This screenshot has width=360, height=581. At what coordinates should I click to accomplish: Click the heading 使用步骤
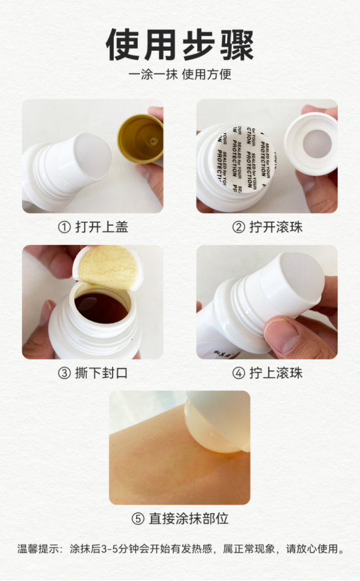[x=180, y=45]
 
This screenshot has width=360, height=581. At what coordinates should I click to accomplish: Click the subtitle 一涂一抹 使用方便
[x=180, y=74]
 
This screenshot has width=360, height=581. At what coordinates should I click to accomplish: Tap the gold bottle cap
[x=141, y=139]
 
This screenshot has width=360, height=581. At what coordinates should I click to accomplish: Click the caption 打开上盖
[x=102, y=227]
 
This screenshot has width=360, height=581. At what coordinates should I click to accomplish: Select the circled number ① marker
[x=64, y=227]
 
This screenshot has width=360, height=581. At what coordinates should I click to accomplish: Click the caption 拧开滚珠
[x=276, y=227]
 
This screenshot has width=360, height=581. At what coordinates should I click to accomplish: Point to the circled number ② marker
[x=238, y=227]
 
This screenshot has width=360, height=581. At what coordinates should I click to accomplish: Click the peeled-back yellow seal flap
[x=108, y=267]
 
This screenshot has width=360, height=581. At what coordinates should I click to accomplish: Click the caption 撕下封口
[x=102, y=373]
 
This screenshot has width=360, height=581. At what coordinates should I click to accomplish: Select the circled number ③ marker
[x=64, y=373]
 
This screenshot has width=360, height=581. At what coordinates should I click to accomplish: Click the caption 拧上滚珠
[x=276, y=373]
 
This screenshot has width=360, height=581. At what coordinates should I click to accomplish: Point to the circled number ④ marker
[x=238, y=373]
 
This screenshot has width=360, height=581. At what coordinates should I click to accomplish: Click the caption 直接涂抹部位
[x=189, y=518]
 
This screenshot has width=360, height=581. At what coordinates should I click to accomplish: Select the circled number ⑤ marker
[x=138, y=518]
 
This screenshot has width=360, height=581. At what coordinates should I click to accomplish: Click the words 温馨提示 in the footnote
[x=38, y=549]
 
